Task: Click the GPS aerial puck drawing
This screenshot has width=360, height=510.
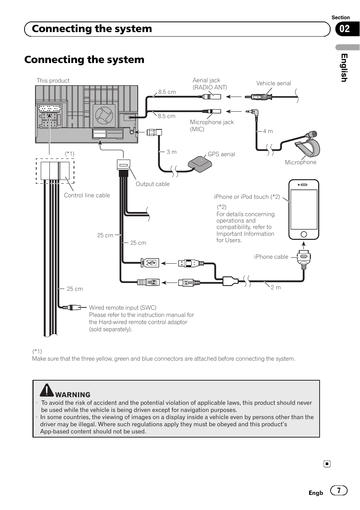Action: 200,163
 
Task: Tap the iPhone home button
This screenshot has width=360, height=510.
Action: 303,234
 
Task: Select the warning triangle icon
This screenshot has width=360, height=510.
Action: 46,390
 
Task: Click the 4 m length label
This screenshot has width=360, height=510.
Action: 268,131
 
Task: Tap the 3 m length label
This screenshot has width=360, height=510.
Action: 171,152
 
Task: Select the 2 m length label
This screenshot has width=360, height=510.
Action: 276,287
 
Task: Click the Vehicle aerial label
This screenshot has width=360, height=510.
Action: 274,83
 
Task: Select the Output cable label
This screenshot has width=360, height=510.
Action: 152,184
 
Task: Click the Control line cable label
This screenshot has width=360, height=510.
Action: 87,195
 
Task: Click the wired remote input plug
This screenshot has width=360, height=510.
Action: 72,307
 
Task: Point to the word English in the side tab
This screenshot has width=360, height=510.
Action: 344,68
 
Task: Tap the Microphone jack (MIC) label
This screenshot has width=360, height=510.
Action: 212,126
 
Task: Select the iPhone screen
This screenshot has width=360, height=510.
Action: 304,209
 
